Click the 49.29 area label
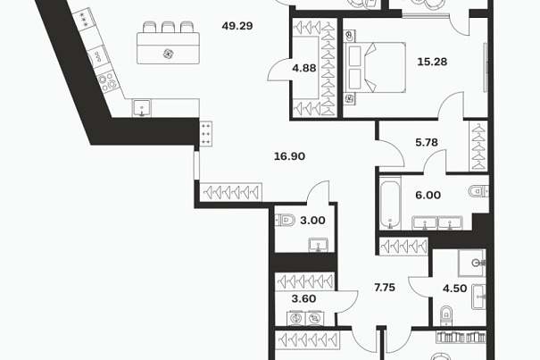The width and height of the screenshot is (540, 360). click(x=237, y=26)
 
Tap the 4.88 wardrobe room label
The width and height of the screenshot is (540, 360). click(x=304, y=68)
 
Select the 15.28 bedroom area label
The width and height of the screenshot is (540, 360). click(x=432, y=62)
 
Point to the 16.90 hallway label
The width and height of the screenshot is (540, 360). click(x=289, y=156)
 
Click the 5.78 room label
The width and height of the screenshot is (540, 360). click(x=427, y=142)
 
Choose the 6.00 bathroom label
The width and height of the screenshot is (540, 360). click(x=428, y=195)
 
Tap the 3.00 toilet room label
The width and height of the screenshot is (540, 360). click(x=312, y=221)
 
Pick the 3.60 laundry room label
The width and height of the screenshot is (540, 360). click(x=303, y=298)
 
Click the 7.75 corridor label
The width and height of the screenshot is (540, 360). click(x=385, y=288)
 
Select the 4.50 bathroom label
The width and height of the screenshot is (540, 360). click(x=454, y=289)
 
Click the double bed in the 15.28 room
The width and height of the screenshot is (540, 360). click(x=375, y=68)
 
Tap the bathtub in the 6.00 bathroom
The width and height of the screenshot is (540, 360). click(x=390, y=203)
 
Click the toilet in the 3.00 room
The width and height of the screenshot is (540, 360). click(x=285, y=220)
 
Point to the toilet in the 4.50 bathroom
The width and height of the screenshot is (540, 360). click(x=445, y=314)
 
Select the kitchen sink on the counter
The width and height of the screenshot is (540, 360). click(x=142, y=108)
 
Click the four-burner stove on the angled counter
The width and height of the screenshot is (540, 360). click(x=107, y=81)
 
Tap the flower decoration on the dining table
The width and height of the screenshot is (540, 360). click(x=168, y=54)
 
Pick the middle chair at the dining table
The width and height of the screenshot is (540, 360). click(x=168, y=27)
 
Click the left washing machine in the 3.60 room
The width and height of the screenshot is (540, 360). click(x=295, y=318)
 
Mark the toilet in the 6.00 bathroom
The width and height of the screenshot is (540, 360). click(x=478, y=190)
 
